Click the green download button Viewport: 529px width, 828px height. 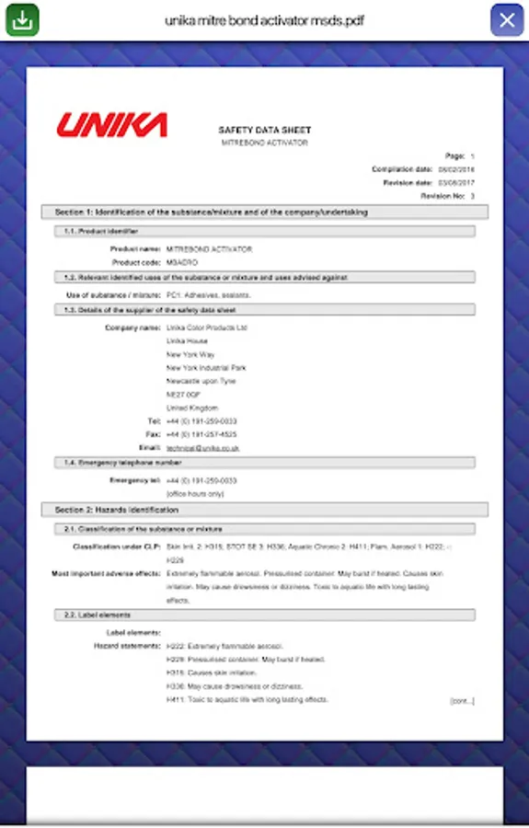pos(22,19)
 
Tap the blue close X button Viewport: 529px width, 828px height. pos(507,19)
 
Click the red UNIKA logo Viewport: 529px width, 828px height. pos(111,125)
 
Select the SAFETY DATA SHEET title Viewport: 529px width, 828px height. pos(265,131)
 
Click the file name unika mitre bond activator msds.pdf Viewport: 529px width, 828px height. pos(264,19)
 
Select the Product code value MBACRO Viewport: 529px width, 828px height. pos(182,262)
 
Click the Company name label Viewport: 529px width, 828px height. pos(132,328)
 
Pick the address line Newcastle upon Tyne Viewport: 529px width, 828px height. pos(201,381)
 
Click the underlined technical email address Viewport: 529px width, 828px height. pos(202,447)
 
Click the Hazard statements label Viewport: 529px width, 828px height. pos(127,646)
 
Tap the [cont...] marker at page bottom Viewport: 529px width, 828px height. pos(462,701)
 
